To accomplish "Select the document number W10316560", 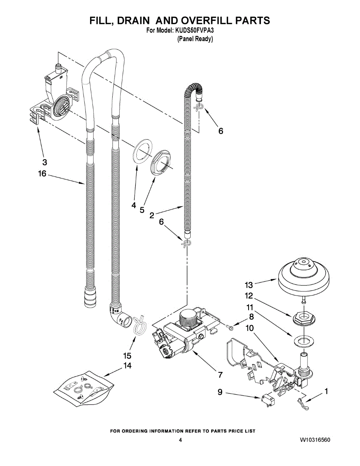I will point(315,440).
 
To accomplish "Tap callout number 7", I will point(220,375).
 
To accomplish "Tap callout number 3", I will point(45,162).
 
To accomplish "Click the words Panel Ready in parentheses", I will point(195,39).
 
